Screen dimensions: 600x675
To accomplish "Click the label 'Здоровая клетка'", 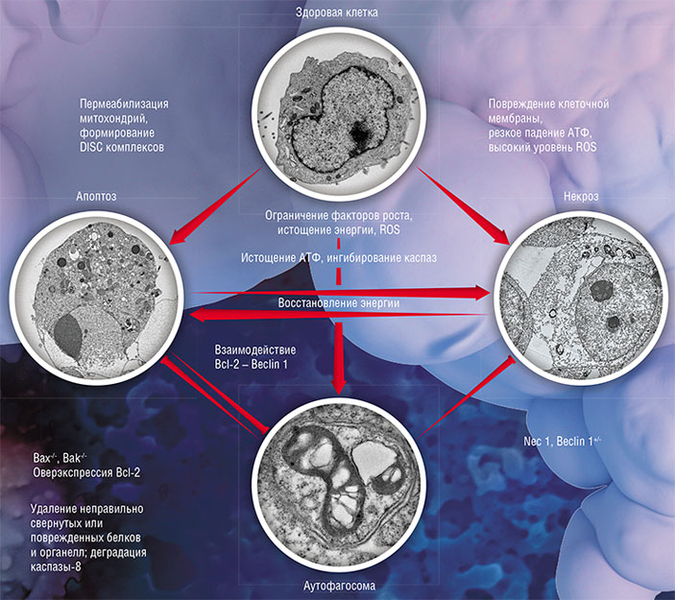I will click(x=336, y=12).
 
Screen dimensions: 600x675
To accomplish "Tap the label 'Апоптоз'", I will click(x=96, y=194).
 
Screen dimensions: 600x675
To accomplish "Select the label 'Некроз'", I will click(x=580, y=194).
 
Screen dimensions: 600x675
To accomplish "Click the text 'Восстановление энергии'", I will click(x=338, y=303).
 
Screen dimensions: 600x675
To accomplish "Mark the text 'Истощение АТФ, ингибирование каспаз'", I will click(x=337, y=256).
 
